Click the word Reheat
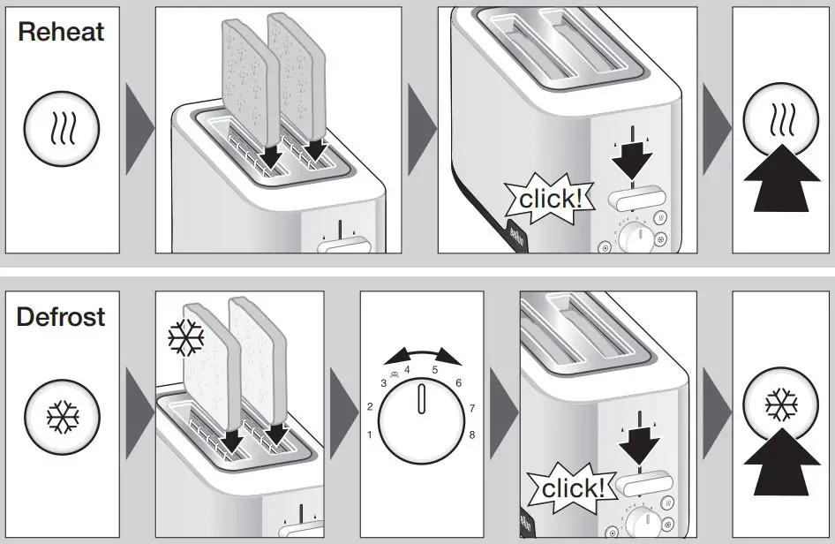tap(61, 33)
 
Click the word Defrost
tap(61, 316)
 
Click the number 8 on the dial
tap(473, 434)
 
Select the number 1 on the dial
tap(370, 434)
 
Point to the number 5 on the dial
tap(434, 370)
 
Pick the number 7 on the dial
tap(473, 408)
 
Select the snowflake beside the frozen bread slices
tap(186, 336)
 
